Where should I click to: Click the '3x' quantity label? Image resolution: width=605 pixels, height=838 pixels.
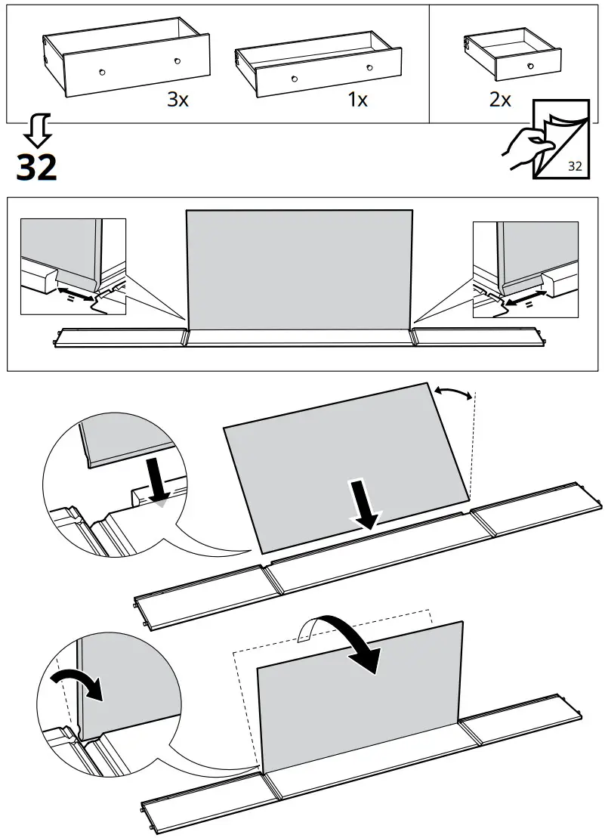[177, 100]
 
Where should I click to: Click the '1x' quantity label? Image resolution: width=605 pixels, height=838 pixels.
[357, 100]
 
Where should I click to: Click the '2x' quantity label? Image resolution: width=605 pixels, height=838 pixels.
[500, 100]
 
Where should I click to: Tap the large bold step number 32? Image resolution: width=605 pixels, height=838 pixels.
[36, 167]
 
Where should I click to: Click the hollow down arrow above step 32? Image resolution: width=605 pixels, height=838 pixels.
[36, 131]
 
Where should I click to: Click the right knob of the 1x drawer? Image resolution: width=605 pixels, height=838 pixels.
[369, 67]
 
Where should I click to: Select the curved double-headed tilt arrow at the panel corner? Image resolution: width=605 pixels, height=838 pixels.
[453, 391]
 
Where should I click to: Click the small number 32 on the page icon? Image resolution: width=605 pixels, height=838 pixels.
[574, 166]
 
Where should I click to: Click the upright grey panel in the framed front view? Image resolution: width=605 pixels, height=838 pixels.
[299, 270]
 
